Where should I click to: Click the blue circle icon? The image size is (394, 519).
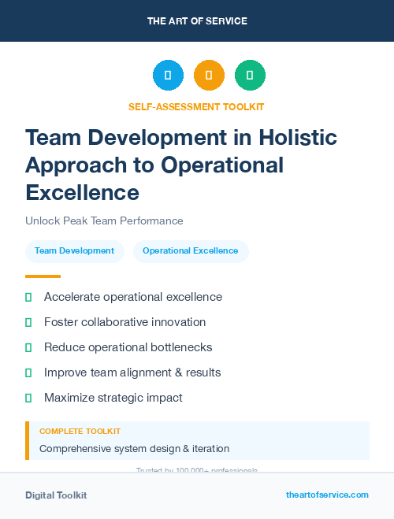pos(168,76)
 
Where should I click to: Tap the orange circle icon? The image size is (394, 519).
pos(209,76)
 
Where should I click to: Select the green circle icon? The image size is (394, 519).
pos(250,76)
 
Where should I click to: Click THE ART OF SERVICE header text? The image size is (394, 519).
pos(197,21)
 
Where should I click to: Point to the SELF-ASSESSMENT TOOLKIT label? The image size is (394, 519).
pos(196,106)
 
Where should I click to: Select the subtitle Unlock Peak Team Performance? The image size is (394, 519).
pos(104,221)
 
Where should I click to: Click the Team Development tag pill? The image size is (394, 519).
pos(75,251)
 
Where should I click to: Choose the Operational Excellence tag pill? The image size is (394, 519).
pos(191,251)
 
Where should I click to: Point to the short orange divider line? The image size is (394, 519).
pos(43,276)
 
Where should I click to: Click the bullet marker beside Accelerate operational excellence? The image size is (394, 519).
pos(28,297)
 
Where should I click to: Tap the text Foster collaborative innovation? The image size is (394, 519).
pos(125,322)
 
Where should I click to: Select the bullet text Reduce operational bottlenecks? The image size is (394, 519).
pos(128,347)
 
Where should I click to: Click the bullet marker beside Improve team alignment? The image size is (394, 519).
pos(28,373)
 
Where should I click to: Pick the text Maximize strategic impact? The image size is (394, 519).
pos(113,398)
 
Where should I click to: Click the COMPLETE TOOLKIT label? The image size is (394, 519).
pos(80,432)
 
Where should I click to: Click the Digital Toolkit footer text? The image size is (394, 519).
pos(56,495)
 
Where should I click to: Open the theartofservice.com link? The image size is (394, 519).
pos(327,495)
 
